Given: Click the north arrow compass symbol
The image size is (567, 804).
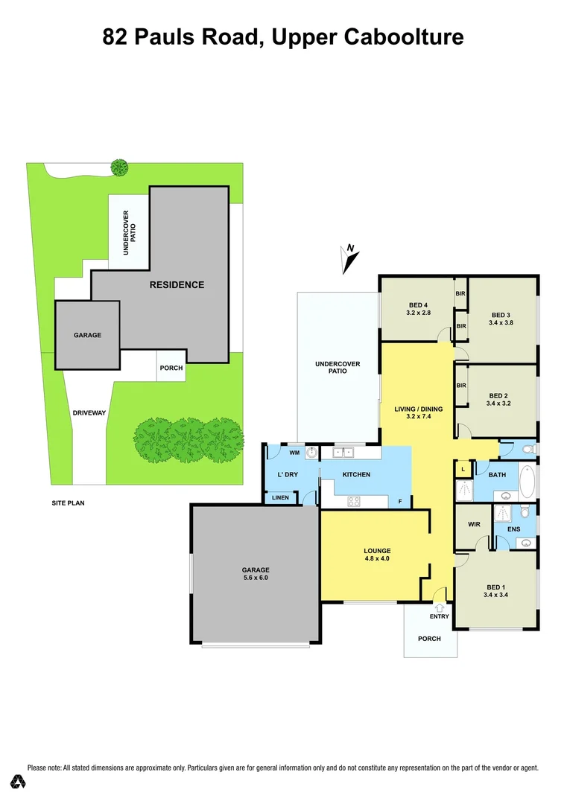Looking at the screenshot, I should pos(349,258).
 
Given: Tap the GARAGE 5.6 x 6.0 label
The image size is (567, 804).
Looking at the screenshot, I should pos(255,574).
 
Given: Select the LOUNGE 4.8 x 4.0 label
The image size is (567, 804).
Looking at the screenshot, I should pos(377,554).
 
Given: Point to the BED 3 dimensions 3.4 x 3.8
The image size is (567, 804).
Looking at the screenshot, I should pos(500,323).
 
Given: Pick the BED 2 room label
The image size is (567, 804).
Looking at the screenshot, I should pos(498,395).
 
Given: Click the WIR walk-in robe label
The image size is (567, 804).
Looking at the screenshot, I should pos(474,524).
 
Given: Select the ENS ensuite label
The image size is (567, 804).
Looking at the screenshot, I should pos(514,529).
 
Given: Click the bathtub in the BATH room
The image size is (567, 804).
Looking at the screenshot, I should pos(526,482).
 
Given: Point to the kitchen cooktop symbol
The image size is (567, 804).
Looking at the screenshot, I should pos(352,501).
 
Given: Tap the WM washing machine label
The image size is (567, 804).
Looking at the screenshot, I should pos(294,452).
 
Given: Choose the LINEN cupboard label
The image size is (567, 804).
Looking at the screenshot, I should pos(280,498).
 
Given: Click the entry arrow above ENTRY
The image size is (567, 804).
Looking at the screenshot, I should pos(440,608).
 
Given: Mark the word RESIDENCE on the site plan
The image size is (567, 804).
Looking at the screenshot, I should pos(177,284).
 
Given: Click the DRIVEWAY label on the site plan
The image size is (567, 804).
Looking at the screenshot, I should pos(89,412).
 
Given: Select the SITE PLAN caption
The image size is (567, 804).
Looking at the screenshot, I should pos(68,503).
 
